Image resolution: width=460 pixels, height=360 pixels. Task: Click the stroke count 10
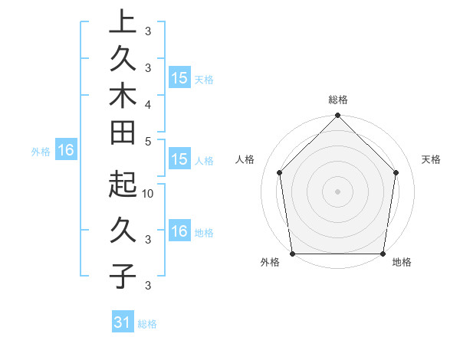click(149, 194)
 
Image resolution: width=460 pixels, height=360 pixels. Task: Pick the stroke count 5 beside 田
click(148, 141)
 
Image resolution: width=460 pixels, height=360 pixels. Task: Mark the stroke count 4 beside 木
click(148, 103)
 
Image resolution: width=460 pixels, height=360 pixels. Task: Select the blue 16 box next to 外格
click(65, 151)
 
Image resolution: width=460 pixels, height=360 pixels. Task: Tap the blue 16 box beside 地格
click(179, 231)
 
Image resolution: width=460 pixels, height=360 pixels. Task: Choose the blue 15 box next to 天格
click(179, 78)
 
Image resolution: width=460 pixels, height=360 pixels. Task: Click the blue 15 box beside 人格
click(179, 159)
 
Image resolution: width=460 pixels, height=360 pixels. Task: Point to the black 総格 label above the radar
click(337, 100)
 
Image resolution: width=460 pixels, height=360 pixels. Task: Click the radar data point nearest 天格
click(396, 172)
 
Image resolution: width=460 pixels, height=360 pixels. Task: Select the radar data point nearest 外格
click(293, 254)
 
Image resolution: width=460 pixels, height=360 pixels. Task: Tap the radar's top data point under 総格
click(337, 116)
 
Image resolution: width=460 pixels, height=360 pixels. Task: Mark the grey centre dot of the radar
click(337, 191)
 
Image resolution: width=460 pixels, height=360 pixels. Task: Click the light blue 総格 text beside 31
click(147, 324)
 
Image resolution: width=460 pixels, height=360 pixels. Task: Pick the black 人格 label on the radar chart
click(245, 159)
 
